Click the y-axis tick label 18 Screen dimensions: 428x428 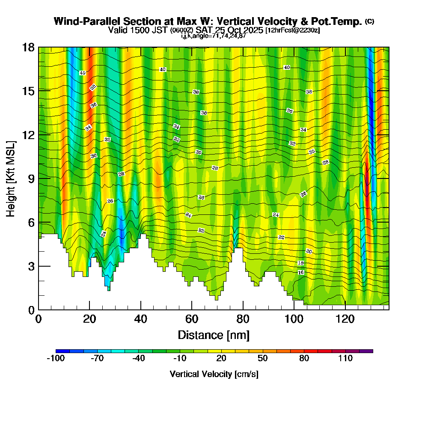[x=28, y=47]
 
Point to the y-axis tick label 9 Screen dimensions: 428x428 [x=31, y=178]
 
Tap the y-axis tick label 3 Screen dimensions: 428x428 [x=31, y=266]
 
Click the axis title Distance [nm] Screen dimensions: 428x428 [x=214, y=334]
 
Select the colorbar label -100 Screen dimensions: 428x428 [x=55, y=358]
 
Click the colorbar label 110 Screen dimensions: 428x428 [x=345, y=358]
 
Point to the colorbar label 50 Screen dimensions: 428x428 [x=263, y=358]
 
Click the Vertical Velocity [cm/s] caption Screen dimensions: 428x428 [x=214, y=374]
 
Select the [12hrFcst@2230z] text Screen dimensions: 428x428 [x=293, y=30]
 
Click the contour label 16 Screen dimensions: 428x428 [x=301, y=273]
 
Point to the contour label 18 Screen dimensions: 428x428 [x=301, y=263]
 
